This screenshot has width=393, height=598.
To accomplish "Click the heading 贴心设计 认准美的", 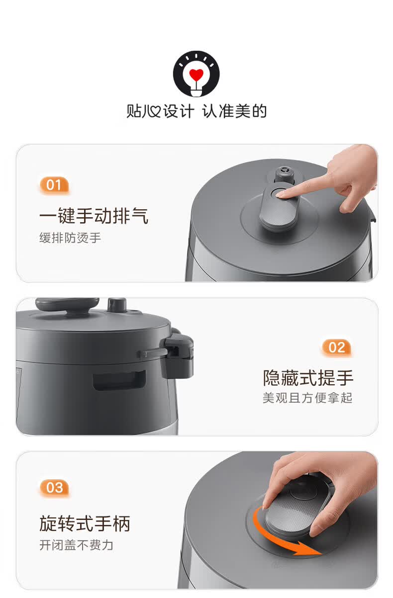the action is pos(196,111).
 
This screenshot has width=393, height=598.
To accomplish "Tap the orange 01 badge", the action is pos(54,185).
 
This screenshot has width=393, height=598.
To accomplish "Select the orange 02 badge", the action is pos(336,347).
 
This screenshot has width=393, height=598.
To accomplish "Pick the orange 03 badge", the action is pos(54,488).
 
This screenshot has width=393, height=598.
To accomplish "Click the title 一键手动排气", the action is pos(94,216).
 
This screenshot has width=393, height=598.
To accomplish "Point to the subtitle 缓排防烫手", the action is pos(70,238).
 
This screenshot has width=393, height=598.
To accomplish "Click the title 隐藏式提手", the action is pos(308,378).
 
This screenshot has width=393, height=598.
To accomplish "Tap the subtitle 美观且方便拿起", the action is pos(307,398).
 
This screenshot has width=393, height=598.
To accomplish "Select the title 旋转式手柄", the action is pos(85,523).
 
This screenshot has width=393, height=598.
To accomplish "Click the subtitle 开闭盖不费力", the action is pos(77,545).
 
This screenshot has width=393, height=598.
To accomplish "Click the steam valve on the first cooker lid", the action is pos(284,174).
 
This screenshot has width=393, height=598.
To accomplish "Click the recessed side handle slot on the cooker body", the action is pos(119,380).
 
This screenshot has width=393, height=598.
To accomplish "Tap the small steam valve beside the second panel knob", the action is pos(117,305).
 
